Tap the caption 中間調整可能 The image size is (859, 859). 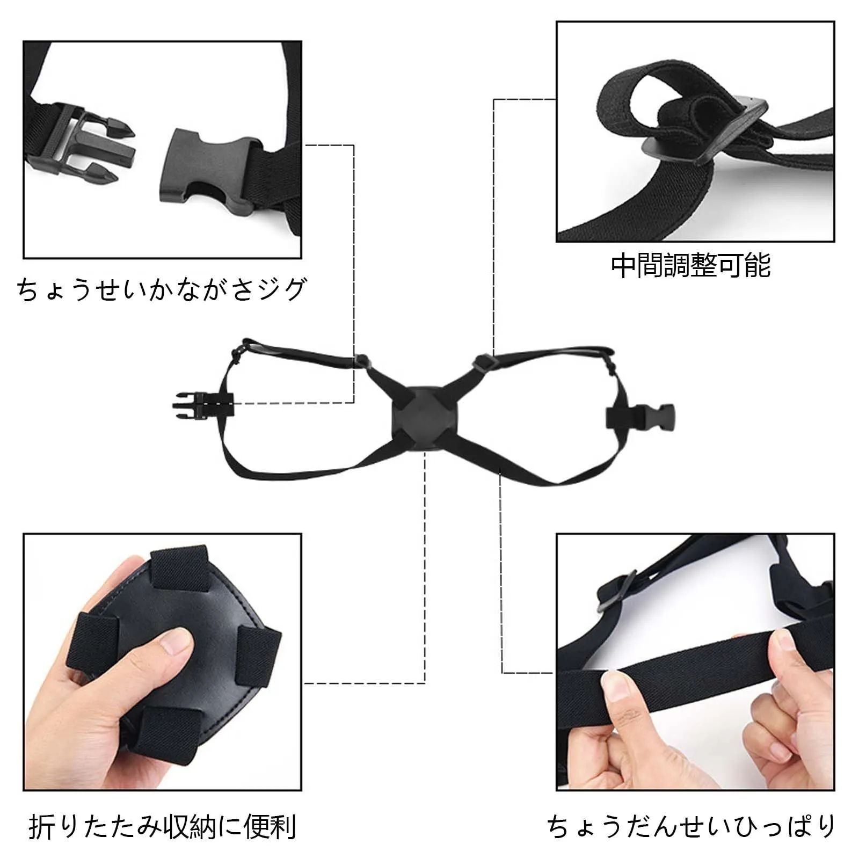coord(691,265)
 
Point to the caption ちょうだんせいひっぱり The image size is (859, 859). coord(691,827)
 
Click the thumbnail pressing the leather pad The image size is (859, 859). coord(174,642)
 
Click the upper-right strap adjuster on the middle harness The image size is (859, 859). coord(482,362)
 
